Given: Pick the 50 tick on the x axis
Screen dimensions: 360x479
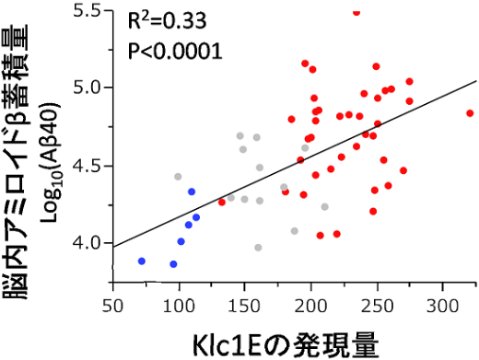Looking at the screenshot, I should click(113, 303).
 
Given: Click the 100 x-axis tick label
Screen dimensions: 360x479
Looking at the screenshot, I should click(179, 303).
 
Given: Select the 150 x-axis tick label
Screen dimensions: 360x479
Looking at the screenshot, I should click(245, 303).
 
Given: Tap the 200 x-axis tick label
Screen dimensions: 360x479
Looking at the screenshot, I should click(311, 303).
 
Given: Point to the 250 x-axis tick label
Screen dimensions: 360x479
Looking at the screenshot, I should click(377, 303).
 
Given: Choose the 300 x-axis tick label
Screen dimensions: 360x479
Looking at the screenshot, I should click(443, 303).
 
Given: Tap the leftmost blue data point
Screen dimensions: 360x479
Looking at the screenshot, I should click(142, 261).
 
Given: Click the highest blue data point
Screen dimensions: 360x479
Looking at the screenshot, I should click(192, 192).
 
